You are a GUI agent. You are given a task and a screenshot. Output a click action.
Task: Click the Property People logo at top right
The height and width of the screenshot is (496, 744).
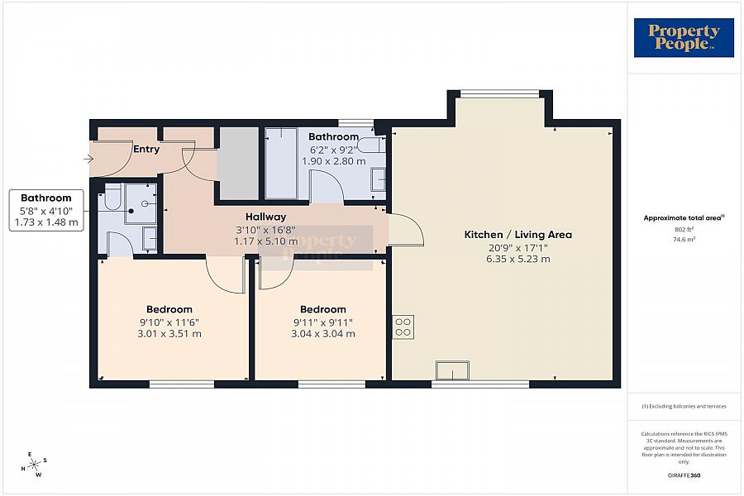point(684,38)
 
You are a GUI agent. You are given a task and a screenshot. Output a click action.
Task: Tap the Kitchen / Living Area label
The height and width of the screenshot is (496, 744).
point(517,235)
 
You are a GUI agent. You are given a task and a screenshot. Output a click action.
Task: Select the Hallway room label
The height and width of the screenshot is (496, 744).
point(265,217)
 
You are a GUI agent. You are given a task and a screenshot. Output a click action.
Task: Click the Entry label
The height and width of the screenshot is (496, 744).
point(145,150)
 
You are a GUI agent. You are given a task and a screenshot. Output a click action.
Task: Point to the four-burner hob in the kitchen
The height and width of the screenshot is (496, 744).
point(403,327)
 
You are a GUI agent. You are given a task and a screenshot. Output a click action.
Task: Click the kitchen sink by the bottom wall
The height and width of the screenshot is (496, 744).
point(453,371)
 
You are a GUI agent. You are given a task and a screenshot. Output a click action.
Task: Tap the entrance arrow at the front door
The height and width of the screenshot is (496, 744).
point(88,159)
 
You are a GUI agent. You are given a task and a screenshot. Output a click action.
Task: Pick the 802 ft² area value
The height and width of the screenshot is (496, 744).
point(683,229)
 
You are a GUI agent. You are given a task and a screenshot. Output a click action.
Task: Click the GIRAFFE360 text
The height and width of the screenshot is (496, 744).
point(683,475)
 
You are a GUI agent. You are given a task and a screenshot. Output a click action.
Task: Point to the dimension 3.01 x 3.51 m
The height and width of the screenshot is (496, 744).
point(169,334)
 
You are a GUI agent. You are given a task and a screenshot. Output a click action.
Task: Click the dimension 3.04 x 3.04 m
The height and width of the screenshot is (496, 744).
point(323,334)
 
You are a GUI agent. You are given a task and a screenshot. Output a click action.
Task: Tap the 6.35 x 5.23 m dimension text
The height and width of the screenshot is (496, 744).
point(517,259)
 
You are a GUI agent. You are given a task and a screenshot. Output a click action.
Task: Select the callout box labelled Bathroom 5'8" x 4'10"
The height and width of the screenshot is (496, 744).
point(46,210)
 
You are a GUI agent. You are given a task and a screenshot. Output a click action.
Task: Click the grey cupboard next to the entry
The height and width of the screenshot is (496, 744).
point(237,161)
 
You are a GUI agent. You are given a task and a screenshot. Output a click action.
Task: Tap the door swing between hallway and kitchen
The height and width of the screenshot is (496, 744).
point(405,229)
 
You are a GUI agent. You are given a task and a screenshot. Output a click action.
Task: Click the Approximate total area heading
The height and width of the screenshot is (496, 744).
point(683,218)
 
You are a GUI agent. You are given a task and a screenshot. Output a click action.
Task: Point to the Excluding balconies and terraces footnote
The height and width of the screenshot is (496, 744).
point(683,406)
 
